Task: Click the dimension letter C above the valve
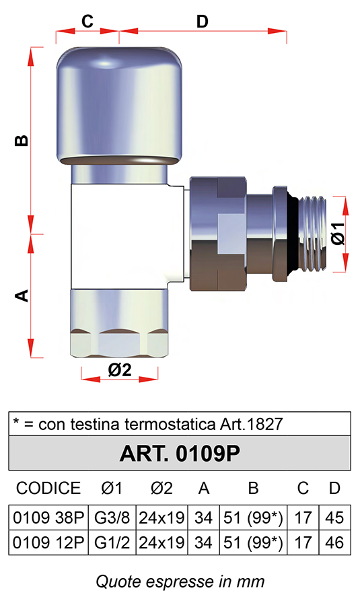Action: point(87,21)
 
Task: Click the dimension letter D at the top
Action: point(202,22)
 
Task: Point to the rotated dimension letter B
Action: point(22,141)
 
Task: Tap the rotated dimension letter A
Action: point(22,295)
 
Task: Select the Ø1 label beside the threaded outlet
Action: point(338,233)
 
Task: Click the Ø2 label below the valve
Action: point(120,369)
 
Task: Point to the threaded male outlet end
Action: point(312,236)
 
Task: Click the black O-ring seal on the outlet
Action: point(293,236)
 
